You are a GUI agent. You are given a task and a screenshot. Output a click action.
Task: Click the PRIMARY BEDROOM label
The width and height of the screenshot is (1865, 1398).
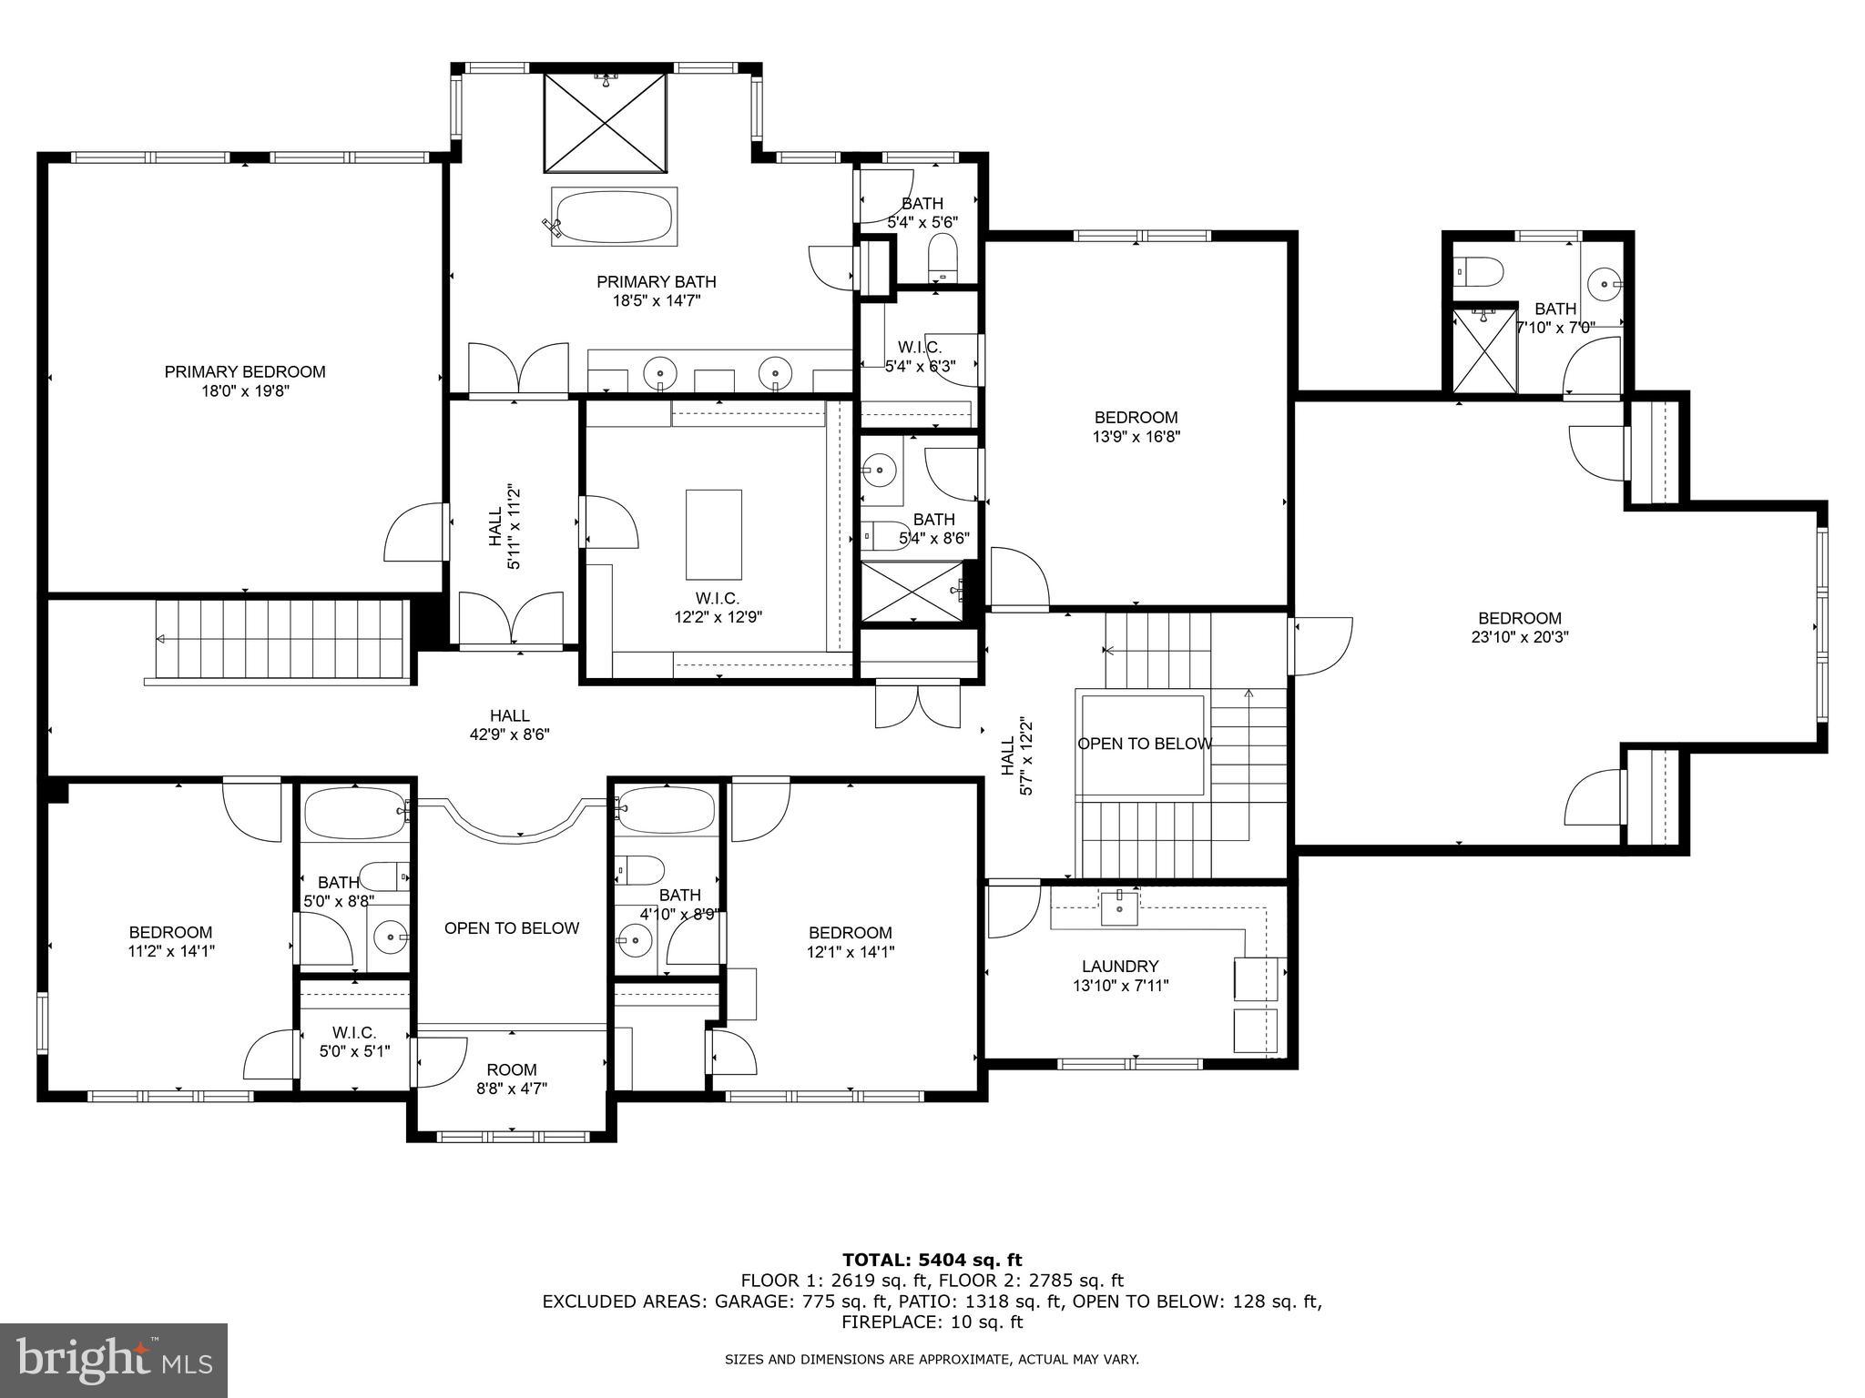244,371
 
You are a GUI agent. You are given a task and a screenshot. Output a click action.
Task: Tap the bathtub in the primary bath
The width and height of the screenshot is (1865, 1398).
614,217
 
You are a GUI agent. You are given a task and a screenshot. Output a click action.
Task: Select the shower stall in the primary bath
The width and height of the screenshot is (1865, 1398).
605,122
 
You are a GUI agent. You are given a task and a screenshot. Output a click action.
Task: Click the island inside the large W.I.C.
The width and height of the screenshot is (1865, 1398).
713,534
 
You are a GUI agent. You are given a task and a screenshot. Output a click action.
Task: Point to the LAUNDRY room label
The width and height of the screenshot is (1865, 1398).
1119,966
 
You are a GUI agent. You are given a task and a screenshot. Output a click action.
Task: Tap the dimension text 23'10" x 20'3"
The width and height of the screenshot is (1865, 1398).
1519,637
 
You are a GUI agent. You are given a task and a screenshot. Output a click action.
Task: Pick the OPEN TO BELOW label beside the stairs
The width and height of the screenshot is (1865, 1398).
1144,744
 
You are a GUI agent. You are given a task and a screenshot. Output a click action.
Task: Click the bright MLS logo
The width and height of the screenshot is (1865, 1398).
113,1360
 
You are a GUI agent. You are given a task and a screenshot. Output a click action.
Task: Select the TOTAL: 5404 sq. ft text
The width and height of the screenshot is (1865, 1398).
932,1260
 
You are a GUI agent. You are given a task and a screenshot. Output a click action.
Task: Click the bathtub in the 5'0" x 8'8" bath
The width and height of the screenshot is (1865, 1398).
352,813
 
